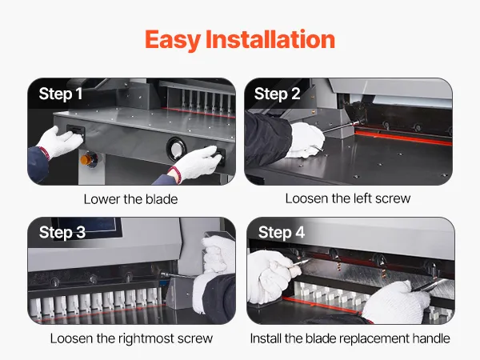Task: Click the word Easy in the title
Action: (173, 40)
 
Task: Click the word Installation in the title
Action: (270, 39)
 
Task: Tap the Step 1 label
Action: (61, 94)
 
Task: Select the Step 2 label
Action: (277, 94)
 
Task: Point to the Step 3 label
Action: (62, 232)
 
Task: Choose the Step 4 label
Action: (282, 232)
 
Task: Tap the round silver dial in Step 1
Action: (176, 149)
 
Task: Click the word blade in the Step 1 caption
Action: (162, 199)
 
